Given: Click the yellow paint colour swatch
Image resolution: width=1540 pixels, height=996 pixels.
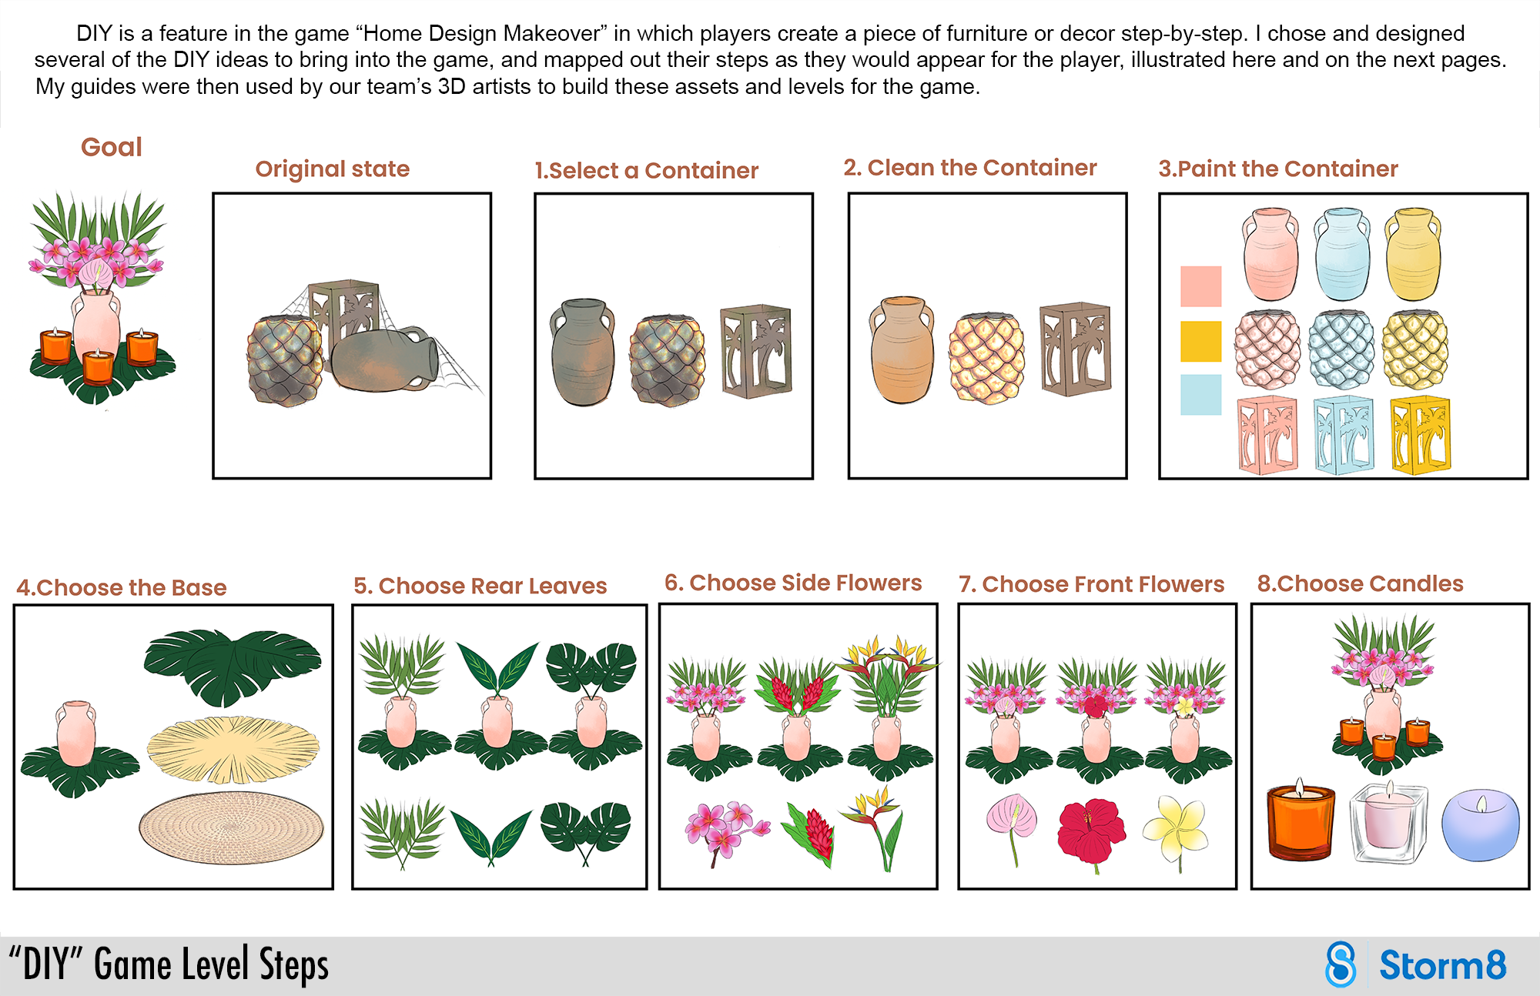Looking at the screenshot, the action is point(1200,341).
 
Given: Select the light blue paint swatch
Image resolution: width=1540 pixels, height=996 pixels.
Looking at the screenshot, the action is point(1200,395).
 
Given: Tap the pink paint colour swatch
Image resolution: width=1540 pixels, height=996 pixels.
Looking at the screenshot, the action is point(1200,286).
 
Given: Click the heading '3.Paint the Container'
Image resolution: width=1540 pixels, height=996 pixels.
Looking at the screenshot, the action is point(1277,169).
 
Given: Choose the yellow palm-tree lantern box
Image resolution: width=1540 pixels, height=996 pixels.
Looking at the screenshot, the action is point(1420,436).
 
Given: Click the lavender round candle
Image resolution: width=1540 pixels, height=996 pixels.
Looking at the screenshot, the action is point(1480,825).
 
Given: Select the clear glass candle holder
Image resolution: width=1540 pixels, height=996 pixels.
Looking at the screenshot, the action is point(1388,822).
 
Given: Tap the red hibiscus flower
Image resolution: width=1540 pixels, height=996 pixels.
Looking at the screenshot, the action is point(1091,831).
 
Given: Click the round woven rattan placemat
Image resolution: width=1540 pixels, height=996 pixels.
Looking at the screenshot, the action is point(231,828).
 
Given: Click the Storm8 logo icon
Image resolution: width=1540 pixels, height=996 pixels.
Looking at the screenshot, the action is point(1341,964).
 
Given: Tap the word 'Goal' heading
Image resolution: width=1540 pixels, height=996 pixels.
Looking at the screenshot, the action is point(112,147).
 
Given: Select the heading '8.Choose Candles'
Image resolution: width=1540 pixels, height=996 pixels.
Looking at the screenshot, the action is point(1360,583).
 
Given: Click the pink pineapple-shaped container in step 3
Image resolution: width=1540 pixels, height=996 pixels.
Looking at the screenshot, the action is point(1267,349).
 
